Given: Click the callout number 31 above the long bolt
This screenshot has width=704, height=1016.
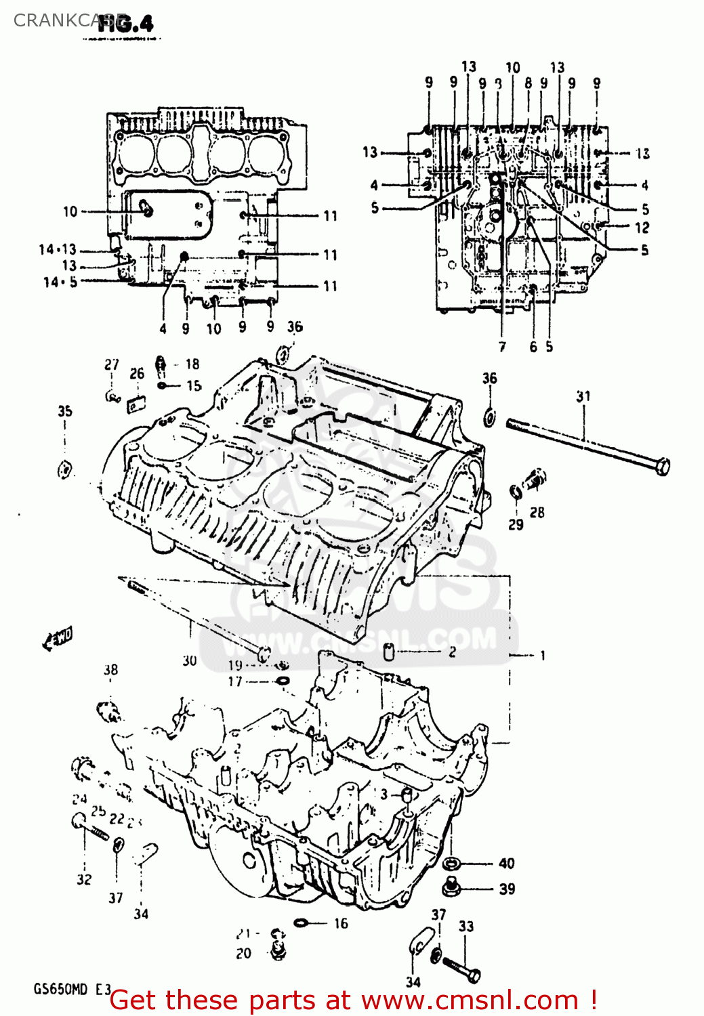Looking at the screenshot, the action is pos(583,396).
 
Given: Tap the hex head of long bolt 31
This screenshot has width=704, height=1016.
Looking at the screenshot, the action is pos(663,466).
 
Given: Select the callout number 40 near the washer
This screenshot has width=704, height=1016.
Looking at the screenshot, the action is pos(507,863).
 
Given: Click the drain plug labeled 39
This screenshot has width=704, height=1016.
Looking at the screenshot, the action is pos(450,886).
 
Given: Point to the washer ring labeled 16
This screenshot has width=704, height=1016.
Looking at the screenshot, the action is pos(302,923).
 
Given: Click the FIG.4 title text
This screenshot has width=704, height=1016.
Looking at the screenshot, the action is pos(126,24).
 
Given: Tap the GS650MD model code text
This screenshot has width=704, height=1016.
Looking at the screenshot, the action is pos(61,989).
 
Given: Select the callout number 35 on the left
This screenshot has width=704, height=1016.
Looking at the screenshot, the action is pos(65,411).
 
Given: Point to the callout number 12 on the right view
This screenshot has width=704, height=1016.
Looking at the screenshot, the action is pos(642,228).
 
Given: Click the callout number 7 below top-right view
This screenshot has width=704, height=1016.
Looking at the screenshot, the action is pos(502,347).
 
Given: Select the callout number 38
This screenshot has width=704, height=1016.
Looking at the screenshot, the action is pos(110,670).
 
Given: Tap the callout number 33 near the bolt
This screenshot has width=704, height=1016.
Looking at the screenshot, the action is pos(466,926).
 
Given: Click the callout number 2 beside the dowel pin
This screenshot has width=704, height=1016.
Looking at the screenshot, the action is pos(452,652).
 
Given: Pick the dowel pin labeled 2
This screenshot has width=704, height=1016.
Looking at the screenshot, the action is pos(389,652).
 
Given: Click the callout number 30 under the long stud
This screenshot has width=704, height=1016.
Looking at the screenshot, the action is pos(190,660).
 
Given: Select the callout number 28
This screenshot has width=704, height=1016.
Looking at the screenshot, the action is pos(537,512).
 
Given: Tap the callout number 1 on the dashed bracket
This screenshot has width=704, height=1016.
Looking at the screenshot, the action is pos(542,655).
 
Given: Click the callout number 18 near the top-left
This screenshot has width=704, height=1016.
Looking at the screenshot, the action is pos(192,364).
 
